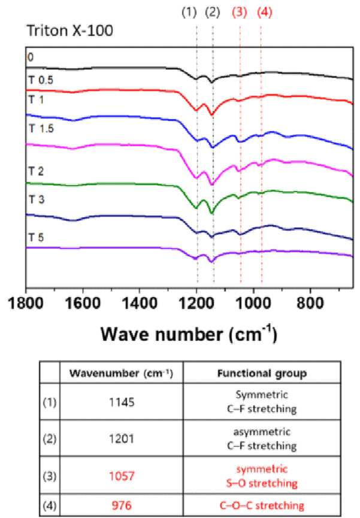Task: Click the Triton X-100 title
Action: click(69, 31)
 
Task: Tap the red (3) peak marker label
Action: click(239, 12)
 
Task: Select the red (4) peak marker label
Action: click(265, 12)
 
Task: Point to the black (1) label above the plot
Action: click(189, 12)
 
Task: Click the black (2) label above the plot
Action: click(212, 12)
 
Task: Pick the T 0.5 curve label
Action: click(41, 80)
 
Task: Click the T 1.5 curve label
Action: click(41, 128)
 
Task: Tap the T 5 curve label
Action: click(36, 237)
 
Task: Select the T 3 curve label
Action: click(36, 199)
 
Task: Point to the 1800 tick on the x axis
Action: click(26, 303)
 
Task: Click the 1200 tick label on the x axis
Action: click(196, 303)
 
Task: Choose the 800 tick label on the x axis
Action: click(310, 303)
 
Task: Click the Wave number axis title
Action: click(189, 334)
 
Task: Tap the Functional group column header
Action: click(262, 373)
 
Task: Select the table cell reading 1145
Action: click(122, 402)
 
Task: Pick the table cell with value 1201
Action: click(122, 439)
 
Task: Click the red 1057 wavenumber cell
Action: click(122, 476)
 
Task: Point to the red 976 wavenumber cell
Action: click(122, 505)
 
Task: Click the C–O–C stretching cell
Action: click(262, 505)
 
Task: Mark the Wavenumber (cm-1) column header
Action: click(122, 373)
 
